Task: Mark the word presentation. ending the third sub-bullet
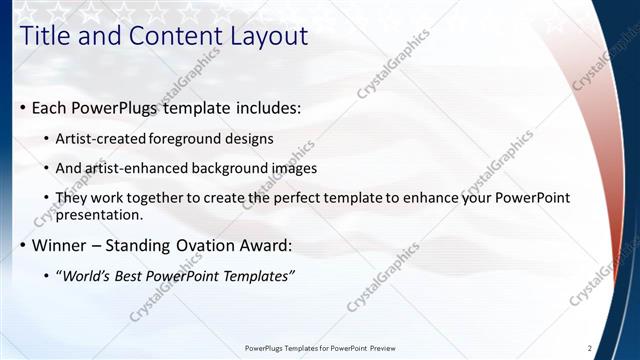click(x=101, y=214)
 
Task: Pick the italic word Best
click(x=139, y=275)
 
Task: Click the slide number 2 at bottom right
click(x=590, y=348)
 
